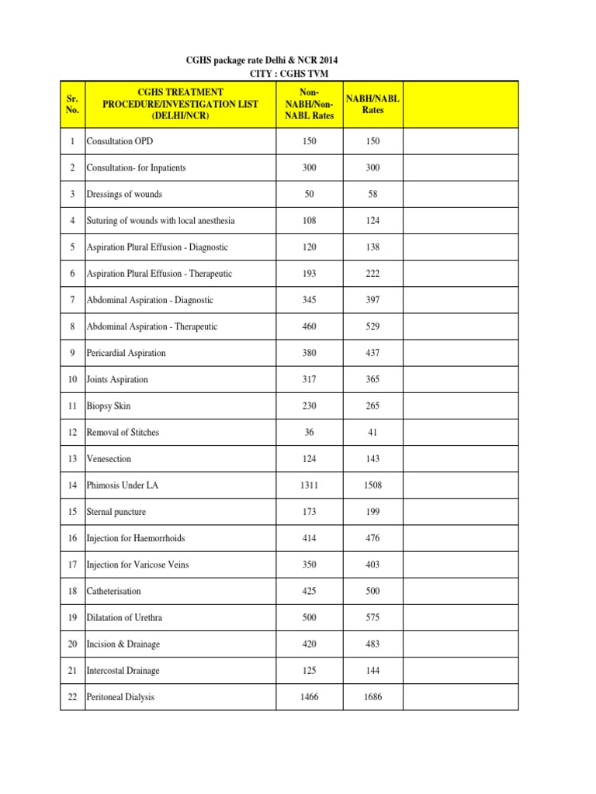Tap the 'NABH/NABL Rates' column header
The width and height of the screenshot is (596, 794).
372,104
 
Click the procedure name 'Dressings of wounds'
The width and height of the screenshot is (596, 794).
124,194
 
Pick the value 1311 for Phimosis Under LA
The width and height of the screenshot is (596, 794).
309,485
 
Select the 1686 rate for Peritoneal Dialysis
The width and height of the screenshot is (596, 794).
372,697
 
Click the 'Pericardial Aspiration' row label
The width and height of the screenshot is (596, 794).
126,353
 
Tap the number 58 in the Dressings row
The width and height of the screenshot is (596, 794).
372,194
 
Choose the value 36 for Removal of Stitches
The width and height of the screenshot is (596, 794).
309,432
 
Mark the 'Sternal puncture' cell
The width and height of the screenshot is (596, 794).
116,512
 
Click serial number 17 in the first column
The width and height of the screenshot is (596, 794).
72,564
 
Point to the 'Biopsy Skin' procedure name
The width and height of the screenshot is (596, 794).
109,406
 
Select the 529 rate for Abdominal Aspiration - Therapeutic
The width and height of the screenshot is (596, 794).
372,326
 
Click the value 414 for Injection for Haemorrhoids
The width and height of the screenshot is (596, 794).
309,538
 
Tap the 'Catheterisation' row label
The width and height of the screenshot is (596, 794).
114,591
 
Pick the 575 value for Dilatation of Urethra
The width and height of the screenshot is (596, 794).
372,618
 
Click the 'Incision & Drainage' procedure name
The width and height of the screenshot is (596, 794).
123,644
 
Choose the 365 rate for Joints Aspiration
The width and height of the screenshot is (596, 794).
372,379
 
